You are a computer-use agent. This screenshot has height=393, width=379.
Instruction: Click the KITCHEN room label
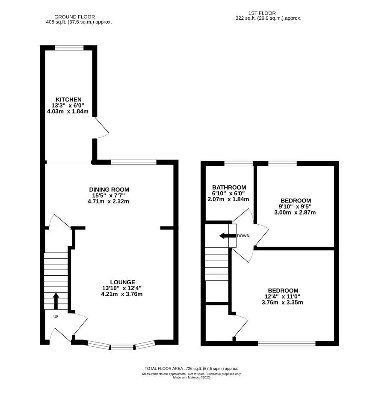click(x=68, y=99)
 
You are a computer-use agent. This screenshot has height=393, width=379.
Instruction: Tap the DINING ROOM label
click(x=109, y=190)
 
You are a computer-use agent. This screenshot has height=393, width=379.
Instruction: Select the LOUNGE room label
click(x=122, y=282)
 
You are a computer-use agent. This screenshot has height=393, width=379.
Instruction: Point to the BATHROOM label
click(x=229, y=188)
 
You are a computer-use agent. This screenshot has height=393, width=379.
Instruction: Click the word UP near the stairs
click(x=56, y=317)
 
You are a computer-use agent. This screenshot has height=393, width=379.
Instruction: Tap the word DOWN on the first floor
click(x=243, y=236)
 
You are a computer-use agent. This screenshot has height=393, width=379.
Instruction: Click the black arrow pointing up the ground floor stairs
click(x=56, y=301)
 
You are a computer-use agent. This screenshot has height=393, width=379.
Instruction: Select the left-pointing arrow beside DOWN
click(x=228, y=236)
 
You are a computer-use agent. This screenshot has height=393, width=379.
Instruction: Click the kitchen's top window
click(x=69, y=48)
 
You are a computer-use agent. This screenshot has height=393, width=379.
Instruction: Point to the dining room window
click(x=134, y=162)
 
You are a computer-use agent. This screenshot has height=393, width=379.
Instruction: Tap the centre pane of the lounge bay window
click(x=122, y=347)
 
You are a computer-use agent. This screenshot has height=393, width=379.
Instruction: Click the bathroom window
click(x=238, y=164)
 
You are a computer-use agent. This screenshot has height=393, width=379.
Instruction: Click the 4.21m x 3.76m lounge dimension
click(x=122, y=294)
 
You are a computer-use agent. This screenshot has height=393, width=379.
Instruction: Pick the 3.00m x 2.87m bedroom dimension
click(x=295, y=212)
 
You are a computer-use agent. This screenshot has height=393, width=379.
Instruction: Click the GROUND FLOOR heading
click(x=75, y=17)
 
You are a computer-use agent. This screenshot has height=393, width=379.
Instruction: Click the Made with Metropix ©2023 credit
click(x=191, y=378)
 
